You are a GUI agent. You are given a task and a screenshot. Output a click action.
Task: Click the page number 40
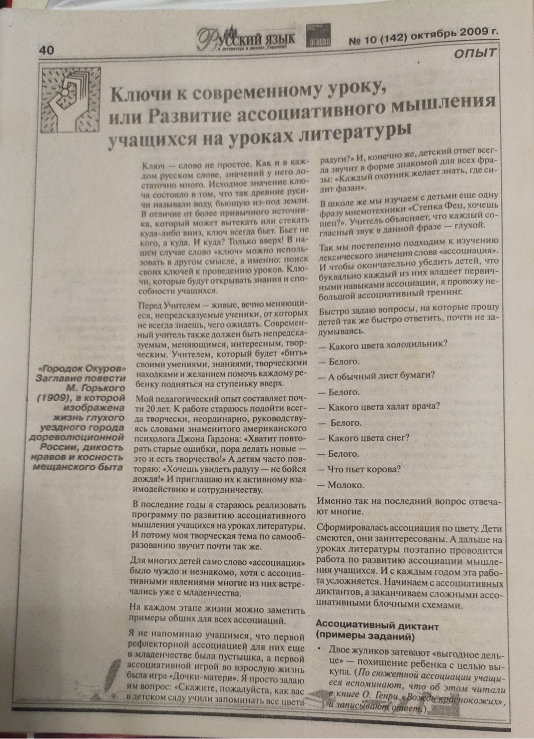[x=46, y=50]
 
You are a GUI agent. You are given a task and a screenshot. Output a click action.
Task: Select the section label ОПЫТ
[x=474, y=53]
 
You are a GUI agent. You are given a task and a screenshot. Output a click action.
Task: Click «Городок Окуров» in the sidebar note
[x=83, y=369]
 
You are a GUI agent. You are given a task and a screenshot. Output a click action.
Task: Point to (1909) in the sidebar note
[x=56, y=398]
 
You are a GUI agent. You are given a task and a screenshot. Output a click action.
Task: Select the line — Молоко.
[x=346, y=485]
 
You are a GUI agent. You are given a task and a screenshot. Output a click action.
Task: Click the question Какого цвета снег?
[x=368, y=438]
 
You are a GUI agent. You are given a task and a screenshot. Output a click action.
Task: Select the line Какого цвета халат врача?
[x=384, y=407]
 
